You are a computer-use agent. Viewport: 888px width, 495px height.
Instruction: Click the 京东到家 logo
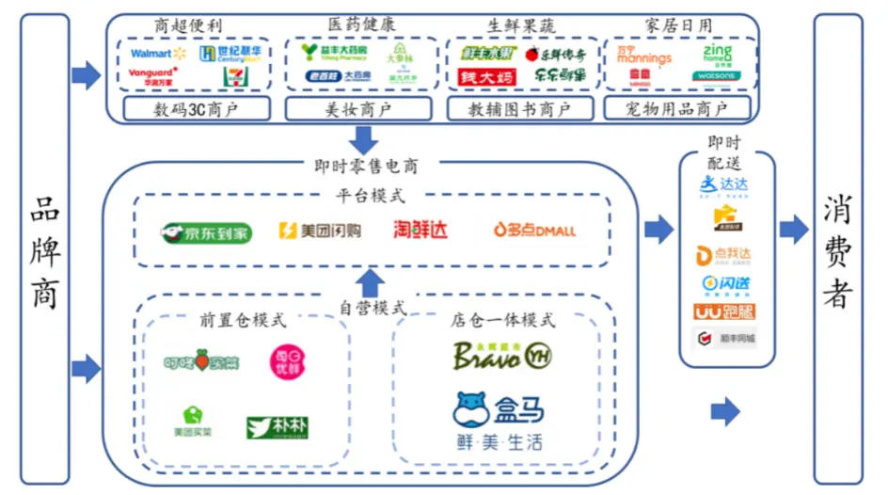click(206, 232)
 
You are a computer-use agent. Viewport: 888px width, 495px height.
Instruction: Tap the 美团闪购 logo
click(320, 231)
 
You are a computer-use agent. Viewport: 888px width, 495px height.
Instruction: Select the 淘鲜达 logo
click(420, 230)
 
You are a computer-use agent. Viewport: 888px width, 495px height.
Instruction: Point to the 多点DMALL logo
click(534, 230)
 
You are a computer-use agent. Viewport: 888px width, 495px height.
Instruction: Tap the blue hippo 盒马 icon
click(474, 410)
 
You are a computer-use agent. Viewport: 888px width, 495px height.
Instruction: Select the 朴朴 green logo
click(277, 427)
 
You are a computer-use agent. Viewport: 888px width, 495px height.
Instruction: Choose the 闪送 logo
click(724, 282)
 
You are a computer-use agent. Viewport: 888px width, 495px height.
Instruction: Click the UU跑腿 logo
click(724, 311)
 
